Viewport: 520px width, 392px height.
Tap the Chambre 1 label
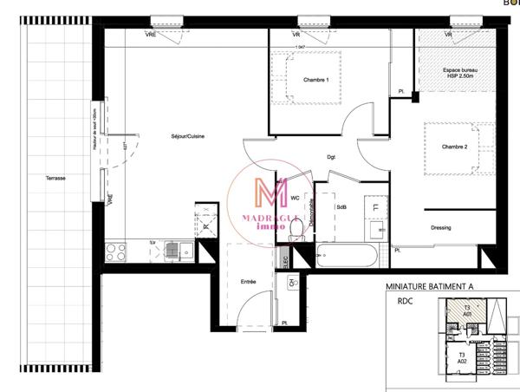pos(315,80)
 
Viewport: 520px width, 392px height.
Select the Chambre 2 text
pos(454,147)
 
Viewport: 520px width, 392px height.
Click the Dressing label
pos(441,228)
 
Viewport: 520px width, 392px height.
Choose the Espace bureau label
pos(456,71)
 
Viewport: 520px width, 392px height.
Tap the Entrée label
pos(248,282)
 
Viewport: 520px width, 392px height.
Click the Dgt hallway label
pos(331,157)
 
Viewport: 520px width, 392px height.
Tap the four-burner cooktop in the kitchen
pos(116,252)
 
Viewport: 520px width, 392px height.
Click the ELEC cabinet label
pos(283,257)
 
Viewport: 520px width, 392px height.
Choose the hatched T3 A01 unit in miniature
pos(466,310)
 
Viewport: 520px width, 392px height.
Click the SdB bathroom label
pos(341,207)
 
